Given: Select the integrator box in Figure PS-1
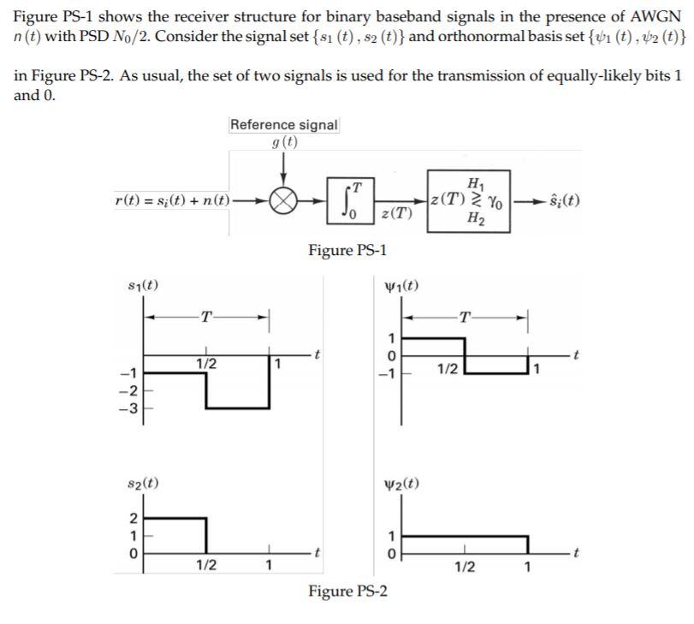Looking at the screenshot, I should pos(350,200).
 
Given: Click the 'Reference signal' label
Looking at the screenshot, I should pos(284,125).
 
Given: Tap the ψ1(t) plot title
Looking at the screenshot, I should pos(403,285).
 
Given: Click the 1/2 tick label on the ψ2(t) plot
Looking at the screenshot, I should pos(465,567).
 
